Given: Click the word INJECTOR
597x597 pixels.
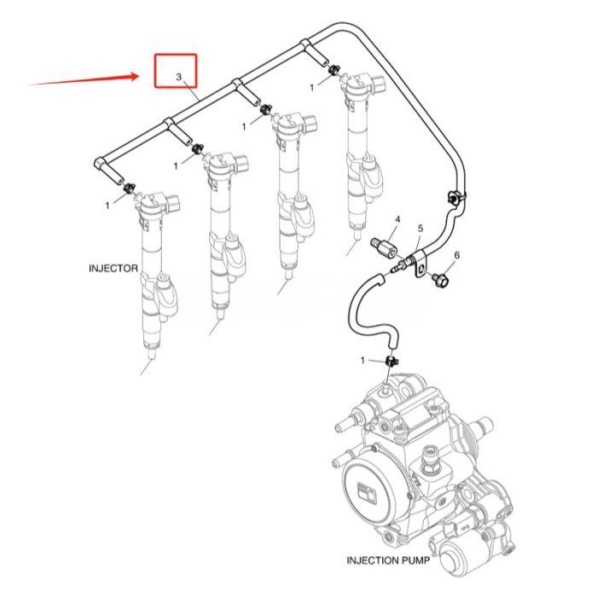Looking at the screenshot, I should [113, 268].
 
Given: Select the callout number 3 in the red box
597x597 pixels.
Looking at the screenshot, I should [178, 78].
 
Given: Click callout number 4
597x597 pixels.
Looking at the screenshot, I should [397, 220].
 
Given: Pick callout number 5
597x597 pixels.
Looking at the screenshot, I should [420, 229].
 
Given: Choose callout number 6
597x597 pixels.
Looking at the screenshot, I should [457, 255].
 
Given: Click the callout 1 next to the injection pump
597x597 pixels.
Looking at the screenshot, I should [362, 361].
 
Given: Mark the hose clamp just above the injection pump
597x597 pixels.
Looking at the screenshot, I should [391, 363].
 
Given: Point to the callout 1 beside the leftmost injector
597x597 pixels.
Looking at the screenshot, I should [107, 205].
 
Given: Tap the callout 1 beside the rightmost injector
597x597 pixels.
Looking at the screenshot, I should [312, 87].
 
